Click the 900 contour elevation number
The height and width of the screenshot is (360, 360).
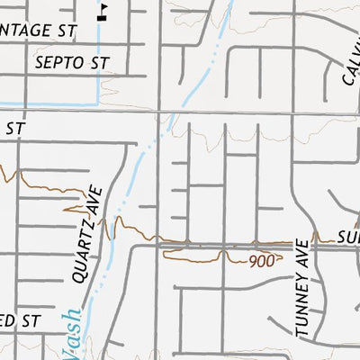[x=261, y=261]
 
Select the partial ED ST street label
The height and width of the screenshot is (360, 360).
[x=20, y=319]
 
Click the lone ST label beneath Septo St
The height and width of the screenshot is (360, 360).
[x=13, y=129]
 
